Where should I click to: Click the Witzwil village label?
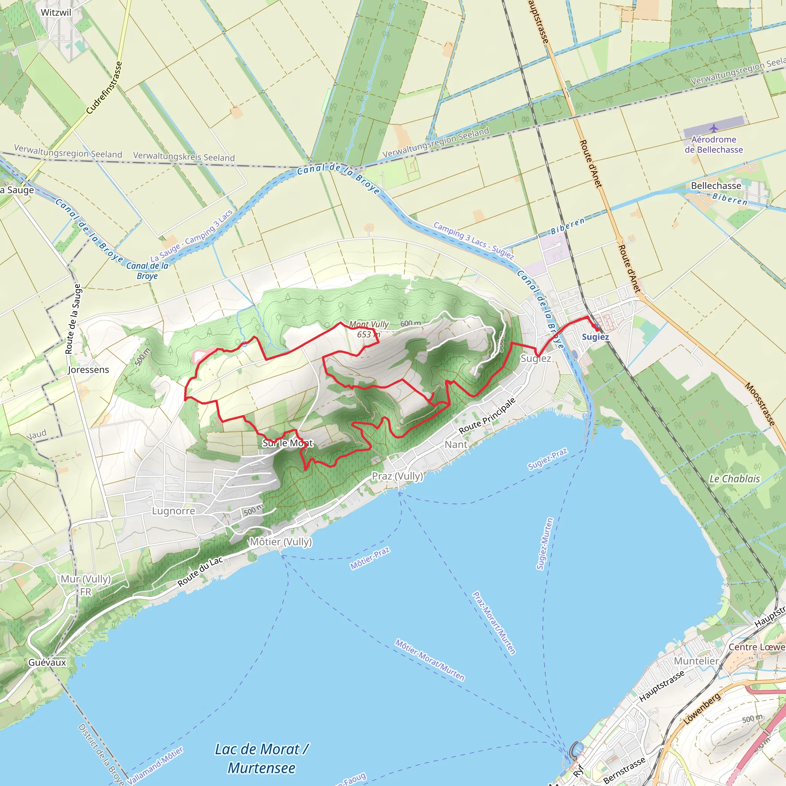coord(56,13)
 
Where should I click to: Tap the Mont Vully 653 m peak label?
coord(368,330)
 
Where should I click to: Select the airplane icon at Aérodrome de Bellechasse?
coord(713,129)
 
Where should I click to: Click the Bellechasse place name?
coord(716,186)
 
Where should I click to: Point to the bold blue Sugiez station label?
coord(595,337)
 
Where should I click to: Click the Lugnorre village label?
coord(174,511)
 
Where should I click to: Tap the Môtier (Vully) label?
coord(281,542)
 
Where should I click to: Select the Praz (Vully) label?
coord(398,476)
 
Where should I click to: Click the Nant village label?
coord(456,445)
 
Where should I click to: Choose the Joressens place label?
coord(88,370)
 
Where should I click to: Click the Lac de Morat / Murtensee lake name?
coord(262,758)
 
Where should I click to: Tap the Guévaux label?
coord(47,662)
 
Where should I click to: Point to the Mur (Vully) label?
coord(86,579)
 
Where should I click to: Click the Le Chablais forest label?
coord(734,479)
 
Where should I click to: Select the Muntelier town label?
coord(696,661)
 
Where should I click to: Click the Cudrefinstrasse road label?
coord(104,88)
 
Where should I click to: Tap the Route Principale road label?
coord(487,415)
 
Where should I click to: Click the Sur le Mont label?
coord(287,443)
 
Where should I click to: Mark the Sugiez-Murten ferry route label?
coord(545,543)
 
